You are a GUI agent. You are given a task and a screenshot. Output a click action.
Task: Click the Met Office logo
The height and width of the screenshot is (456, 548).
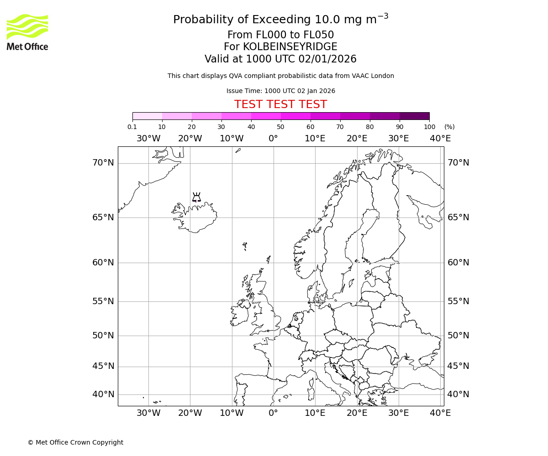[27, 32]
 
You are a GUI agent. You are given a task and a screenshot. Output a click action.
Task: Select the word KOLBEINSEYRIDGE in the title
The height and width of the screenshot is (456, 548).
[290, 47]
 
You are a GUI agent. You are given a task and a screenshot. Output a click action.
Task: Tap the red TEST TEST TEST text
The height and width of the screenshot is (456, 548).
[280, 104]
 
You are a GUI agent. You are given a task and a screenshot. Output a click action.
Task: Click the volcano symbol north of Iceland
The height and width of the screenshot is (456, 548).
[196, 197]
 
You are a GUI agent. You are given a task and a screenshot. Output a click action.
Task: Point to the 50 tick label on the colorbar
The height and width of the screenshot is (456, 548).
[280, 127]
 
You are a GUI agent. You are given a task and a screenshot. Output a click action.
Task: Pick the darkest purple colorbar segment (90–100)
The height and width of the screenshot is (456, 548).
[414, 116]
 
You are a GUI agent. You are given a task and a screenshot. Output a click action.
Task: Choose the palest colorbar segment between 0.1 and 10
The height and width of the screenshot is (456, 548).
[147, 116]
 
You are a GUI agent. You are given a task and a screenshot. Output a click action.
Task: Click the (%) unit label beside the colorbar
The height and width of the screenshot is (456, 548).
[449, 127]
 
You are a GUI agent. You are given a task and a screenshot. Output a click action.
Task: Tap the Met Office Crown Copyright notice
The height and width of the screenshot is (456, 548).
[75, 442]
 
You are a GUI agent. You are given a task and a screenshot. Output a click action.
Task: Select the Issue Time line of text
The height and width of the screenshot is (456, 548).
[280, 91]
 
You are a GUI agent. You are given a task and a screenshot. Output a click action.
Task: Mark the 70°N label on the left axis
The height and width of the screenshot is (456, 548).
[103, 163]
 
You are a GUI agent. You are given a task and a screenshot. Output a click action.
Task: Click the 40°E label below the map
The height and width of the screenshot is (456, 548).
[440, 413]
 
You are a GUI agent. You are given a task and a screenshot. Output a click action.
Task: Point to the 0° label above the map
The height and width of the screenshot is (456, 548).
[273, 139]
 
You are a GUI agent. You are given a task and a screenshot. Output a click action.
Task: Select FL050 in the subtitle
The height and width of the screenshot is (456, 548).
[318, 35]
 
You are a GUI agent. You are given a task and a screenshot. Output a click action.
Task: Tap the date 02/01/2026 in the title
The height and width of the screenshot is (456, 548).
[327, 59]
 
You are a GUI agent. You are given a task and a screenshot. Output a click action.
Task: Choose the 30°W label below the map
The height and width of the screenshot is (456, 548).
[148, 413]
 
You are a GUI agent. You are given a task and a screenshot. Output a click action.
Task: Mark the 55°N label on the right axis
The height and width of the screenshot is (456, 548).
[458, 301]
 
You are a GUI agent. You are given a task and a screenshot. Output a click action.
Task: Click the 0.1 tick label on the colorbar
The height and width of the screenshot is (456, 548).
[132, 127]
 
